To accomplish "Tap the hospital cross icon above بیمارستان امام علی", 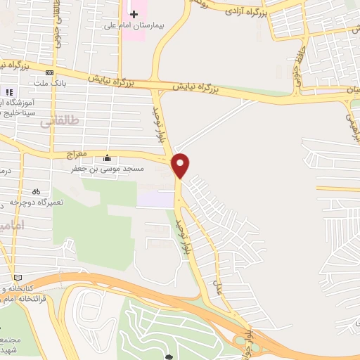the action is pos(134,15).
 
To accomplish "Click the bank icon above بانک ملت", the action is pos(49,73).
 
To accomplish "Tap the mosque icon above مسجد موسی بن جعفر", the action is pos(107,157).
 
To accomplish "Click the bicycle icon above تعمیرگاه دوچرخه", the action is pos(36,191).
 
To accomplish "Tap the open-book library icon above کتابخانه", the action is pos(18,277).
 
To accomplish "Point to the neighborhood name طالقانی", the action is pos(56,122).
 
